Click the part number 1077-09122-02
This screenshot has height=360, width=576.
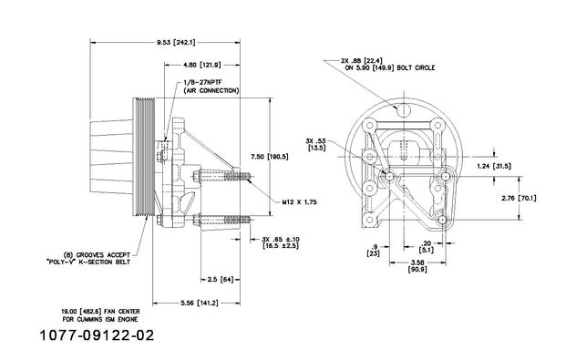pyautogui.click(x=97, y=335)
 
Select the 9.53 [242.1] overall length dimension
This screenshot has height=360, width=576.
pyautogui.click(x=176, y=43)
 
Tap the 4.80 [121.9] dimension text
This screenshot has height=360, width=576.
pyautogui.click(x=202, y=65)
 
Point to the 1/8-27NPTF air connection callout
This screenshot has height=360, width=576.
pyautogui.click(x=211, y=87)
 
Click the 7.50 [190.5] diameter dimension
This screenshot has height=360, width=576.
pyautogui.click(x=269, y=157)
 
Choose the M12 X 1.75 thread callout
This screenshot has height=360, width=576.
pyautogui.click(x=299, y=201)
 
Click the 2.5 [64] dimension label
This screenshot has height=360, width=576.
pyautogui.click(x=221, y=280)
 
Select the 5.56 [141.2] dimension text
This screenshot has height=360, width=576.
pyautogui.click(x=200, y=303)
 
